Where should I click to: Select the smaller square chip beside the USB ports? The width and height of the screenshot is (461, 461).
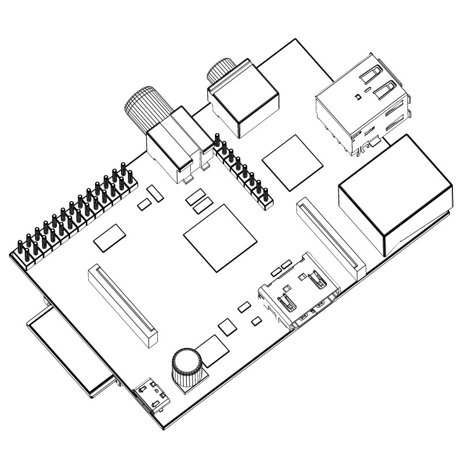293,161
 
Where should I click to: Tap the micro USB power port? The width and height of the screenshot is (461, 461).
152,396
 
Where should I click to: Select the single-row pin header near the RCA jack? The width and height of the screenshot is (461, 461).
243,170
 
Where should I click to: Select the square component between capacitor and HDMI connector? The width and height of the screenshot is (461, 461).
228,326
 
